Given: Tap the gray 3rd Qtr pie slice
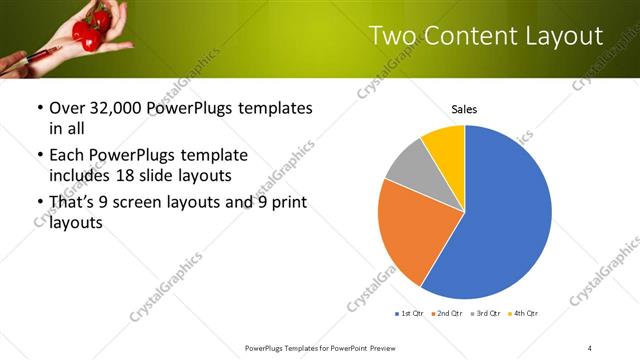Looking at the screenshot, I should (411, 165).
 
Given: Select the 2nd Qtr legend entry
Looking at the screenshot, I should (447, 314).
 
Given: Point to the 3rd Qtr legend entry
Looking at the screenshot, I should (485, 314).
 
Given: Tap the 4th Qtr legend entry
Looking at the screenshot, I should (523, 314).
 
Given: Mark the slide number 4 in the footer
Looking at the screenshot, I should (590, 347).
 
